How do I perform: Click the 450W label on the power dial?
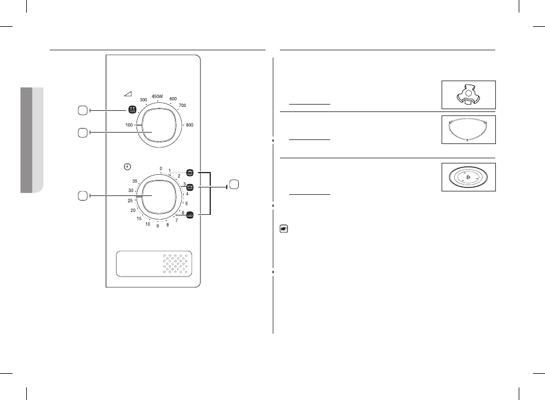157,96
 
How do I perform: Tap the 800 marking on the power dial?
190,125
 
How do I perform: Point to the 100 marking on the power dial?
129,125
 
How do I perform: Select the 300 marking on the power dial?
143,100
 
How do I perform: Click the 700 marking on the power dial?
182,105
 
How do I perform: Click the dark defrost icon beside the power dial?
132,110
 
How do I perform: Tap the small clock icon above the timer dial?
127,167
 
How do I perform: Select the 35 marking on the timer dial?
134,181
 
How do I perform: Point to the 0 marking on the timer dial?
161,169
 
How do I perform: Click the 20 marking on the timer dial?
133,210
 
